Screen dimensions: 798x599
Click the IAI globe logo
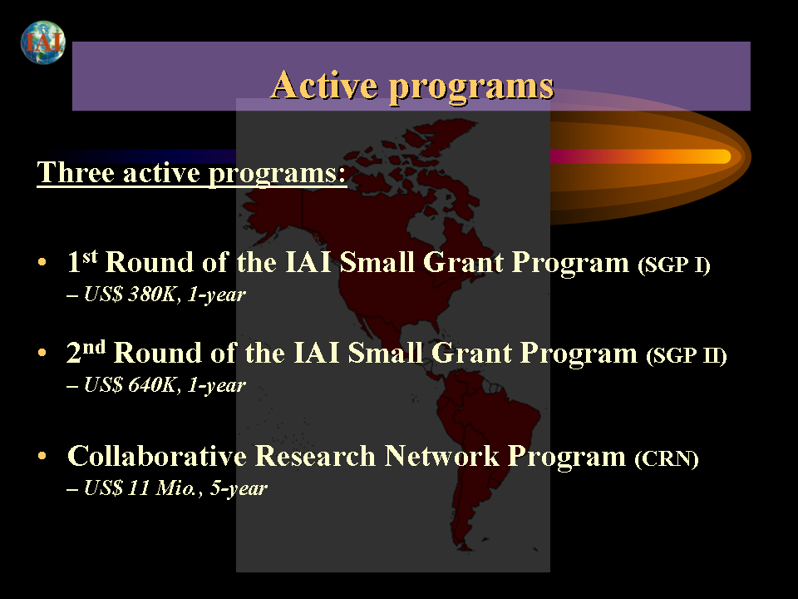pos(43,42)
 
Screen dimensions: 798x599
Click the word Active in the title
pos(323,85)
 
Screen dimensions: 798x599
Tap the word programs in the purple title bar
pos(471,87)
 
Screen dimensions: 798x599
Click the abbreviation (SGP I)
pos(674,265)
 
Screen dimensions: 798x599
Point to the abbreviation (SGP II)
pos(687,355)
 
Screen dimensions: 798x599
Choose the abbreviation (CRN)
pos(666,458)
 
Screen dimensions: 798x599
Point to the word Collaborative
pos(157,455)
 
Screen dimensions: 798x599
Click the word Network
pos(441,455)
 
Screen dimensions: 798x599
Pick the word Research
pos(315,455)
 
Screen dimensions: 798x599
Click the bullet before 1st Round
pos(42,262)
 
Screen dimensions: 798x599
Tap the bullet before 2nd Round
pos(42,353)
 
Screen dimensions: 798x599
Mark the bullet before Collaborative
pos(42,456)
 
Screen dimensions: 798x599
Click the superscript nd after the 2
pos(94,347)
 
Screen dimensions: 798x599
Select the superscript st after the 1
pos(90,256)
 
